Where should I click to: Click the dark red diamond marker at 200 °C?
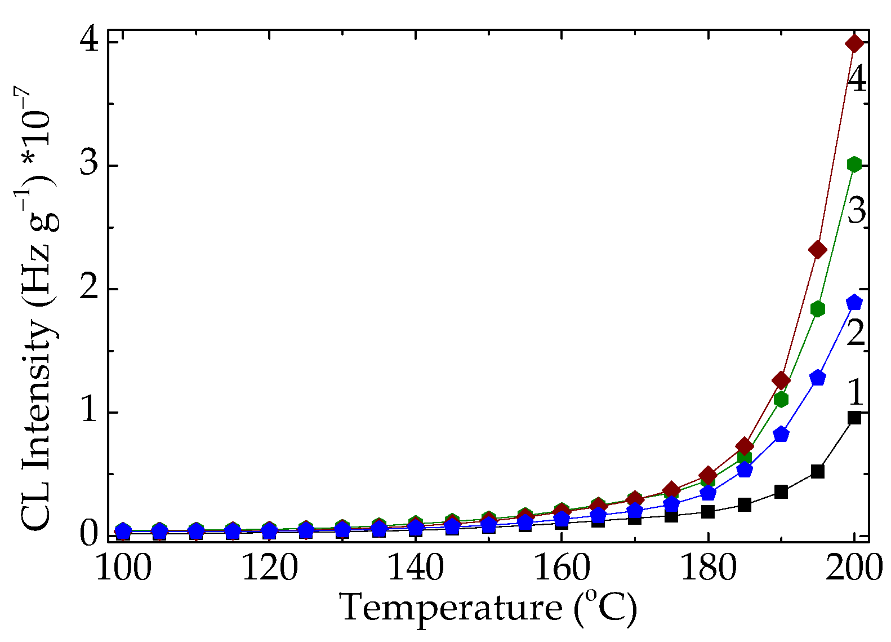[x=854, y=43]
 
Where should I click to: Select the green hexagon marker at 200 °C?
[x=854, y=165]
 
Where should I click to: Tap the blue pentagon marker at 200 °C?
[x=854, y=302]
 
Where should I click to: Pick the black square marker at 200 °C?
[x=854, y=418]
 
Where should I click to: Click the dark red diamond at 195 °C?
[x=818, y=250]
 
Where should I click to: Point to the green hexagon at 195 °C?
[x=818, y=309]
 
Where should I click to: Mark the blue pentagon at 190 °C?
[x=781, y=434]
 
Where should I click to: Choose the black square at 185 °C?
[x=745, y=504]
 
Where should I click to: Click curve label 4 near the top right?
[x=857, y=79]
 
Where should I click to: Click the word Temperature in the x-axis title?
[x=451, y=608]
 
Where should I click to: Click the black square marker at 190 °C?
[x=781, y=492]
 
